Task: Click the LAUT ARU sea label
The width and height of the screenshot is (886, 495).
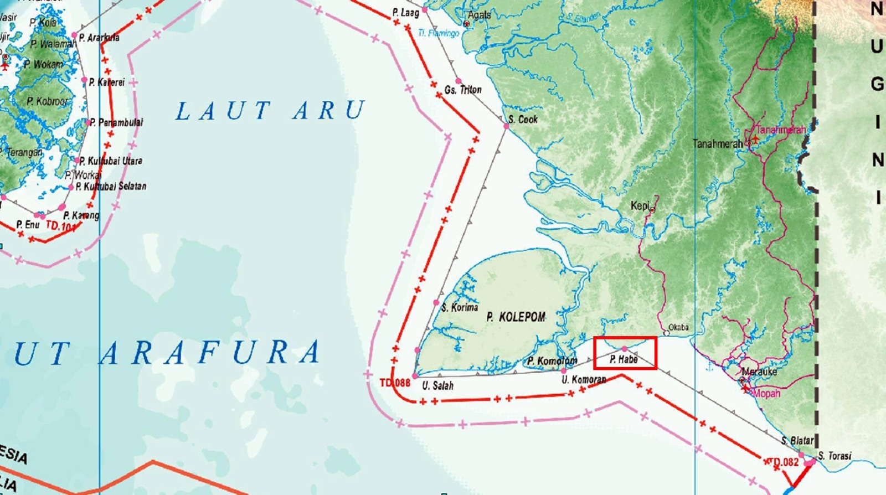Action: click(x=270, y=111)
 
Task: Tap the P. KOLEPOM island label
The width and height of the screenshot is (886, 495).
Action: click(x=516, y=317)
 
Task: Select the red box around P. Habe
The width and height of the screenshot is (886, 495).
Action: click(x=625, y=353)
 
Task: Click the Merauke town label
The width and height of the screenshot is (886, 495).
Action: click(x=759, y=372)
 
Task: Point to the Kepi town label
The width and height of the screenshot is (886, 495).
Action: click(x=640, y=206)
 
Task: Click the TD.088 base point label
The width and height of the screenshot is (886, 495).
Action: click(x=395, y=383)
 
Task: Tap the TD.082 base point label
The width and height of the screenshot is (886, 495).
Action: click(x=784, y=461)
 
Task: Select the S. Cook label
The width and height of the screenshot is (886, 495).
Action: click(x=523, y=119)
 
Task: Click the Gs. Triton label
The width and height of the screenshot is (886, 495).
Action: click(x=463, y=90)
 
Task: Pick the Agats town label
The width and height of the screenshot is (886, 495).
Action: click(x=479, y=15)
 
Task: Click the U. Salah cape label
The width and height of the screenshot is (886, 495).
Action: click(x=437, y=385)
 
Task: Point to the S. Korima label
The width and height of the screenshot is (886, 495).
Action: click(x=460, y=307)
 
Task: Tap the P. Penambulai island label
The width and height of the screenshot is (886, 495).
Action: click(x=116, y=122)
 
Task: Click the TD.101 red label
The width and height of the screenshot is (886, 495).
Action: click(x=60, y=226)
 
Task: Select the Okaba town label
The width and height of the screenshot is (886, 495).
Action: click(x=678, y=327)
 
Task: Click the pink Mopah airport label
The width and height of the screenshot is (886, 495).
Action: click(x=767, y=393)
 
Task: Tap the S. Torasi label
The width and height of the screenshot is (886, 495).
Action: click(x=835, y=456)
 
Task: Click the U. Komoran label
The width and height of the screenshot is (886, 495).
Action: click(x=584, y=380)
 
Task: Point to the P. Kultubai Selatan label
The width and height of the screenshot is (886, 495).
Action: click(x=111, y=187)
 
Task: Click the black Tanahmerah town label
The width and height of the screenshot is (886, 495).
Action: click(x=718, y=144)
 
